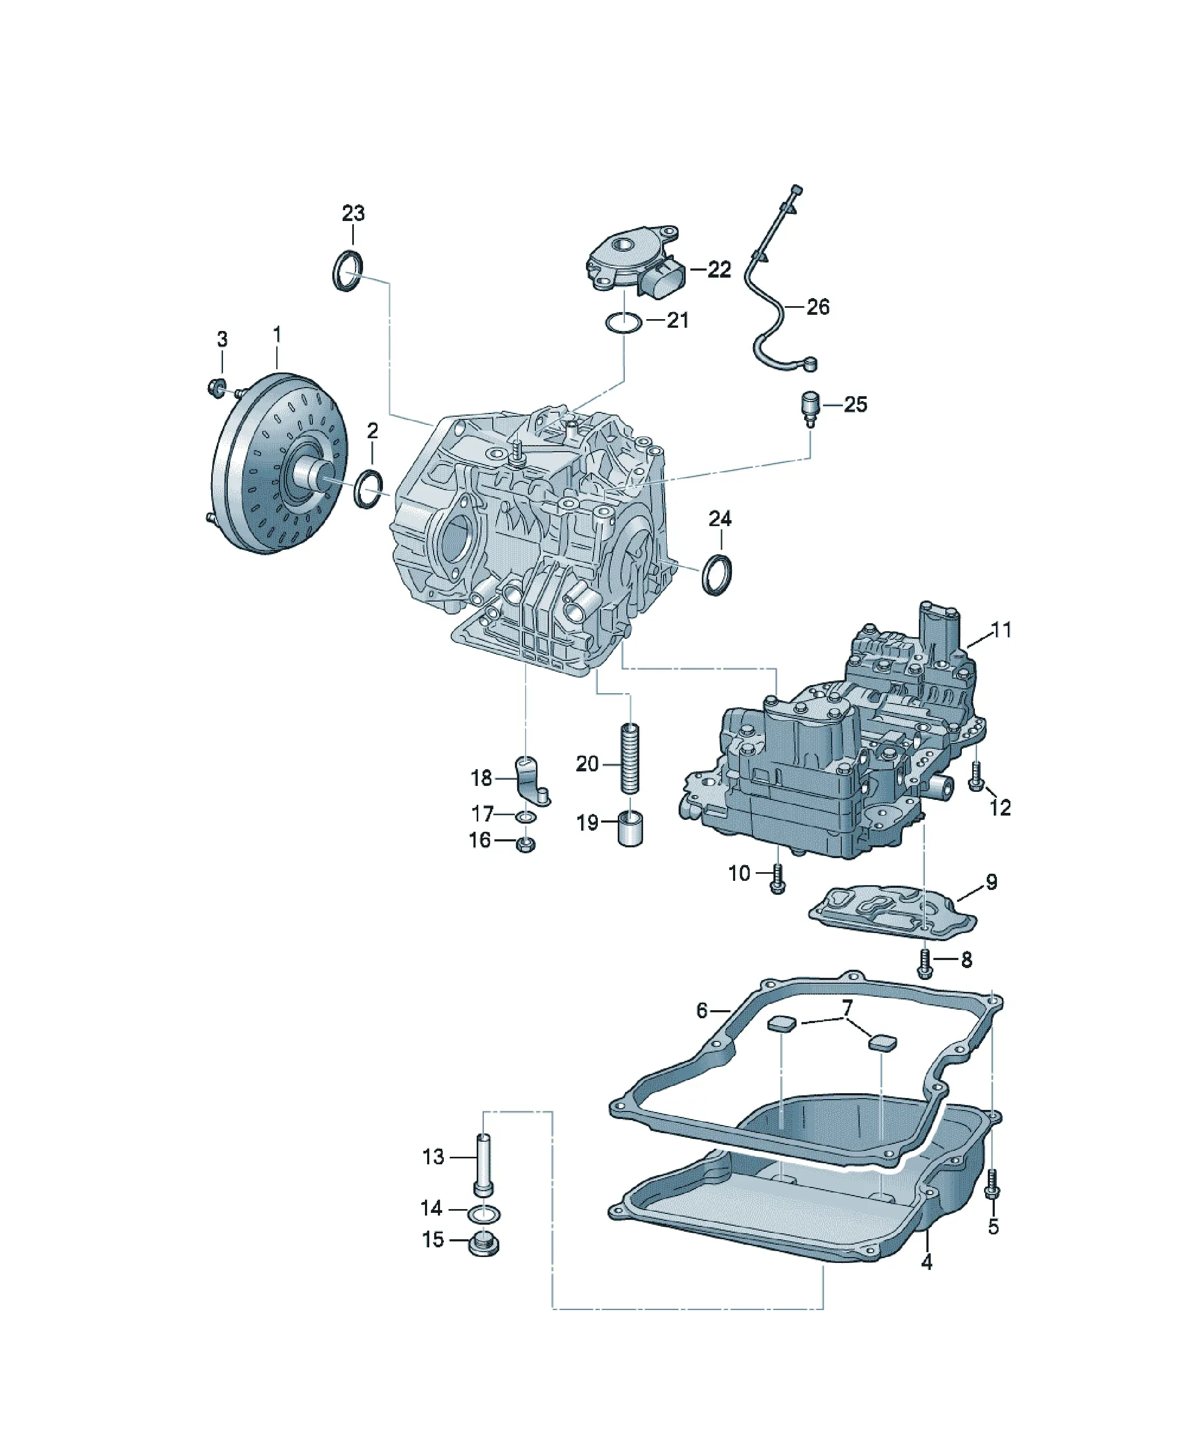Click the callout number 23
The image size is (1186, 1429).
(353, 213)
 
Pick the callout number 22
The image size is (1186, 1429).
(719, 270)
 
